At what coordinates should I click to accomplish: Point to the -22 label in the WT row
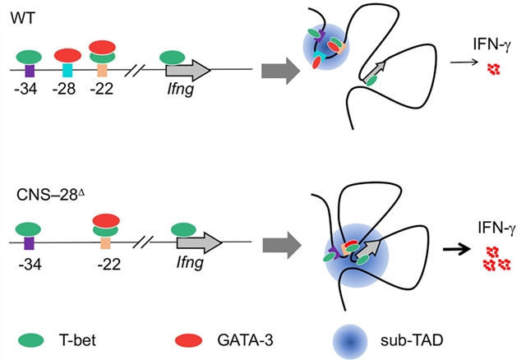point(106,88)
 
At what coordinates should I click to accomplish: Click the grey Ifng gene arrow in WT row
point(188,70)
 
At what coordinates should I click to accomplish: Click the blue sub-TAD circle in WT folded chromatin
point(316,45)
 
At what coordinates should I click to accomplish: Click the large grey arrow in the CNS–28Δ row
point(276,242)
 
